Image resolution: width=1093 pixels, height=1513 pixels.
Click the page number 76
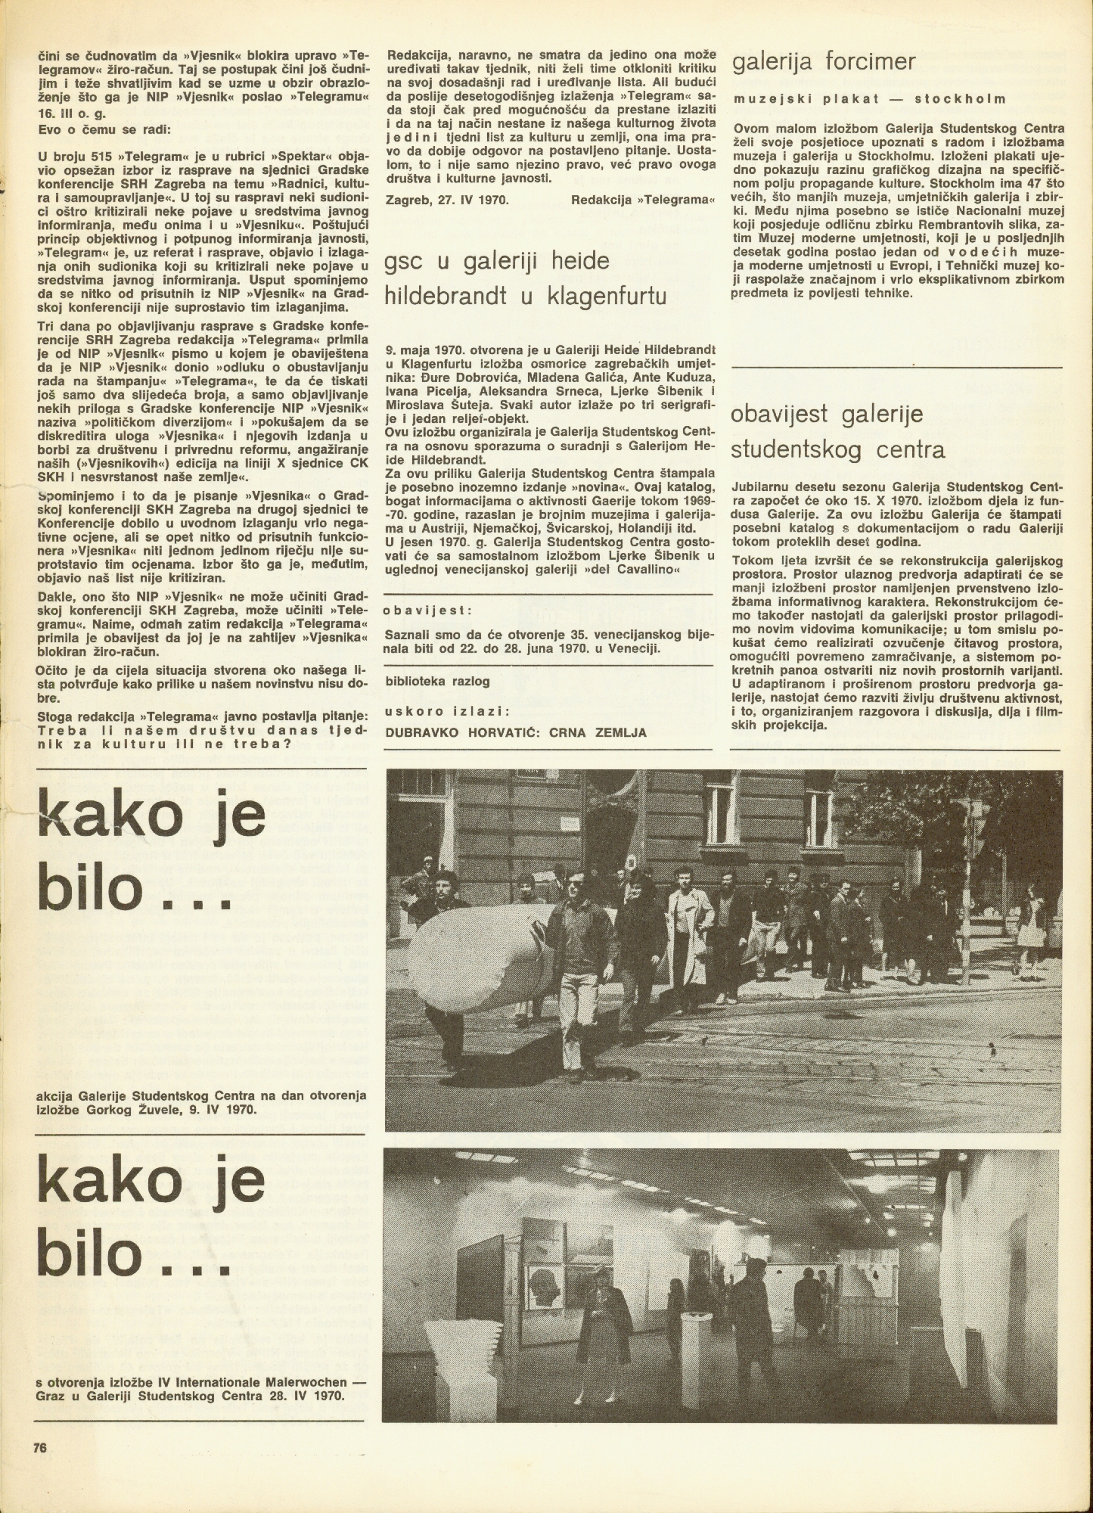[x=41, y=1448]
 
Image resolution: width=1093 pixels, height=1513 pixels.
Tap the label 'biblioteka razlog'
[x=437, y=680]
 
